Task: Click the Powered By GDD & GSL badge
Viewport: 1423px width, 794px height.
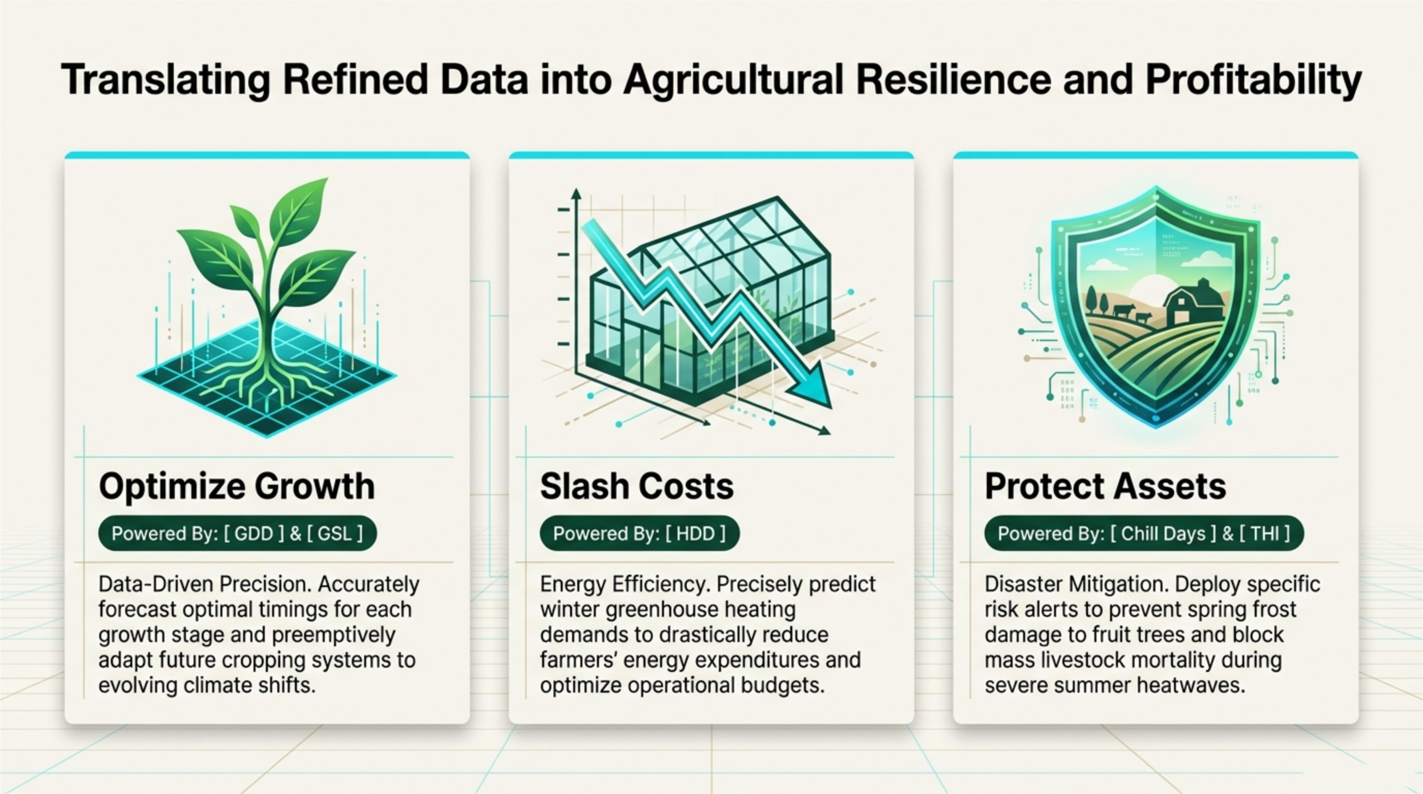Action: coord(238,534)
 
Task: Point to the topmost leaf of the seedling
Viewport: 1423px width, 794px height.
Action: coord(301,210)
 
